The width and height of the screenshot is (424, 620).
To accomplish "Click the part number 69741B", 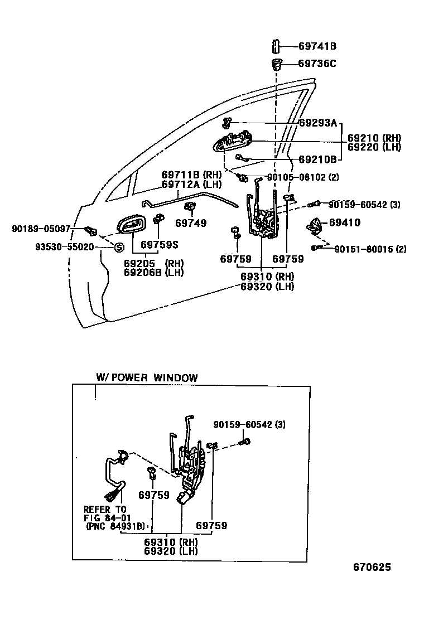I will (317, 47).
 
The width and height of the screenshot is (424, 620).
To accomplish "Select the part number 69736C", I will (317, 64).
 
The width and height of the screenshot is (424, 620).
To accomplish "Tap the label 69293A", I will (318, 123).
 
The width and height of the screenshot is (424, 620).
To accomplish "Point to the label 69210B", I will (317, 159).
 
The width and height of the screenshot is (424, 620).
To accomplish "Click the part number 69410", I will (344, 222).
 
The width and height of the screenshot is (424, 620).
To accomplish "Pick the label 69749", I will (190, 224).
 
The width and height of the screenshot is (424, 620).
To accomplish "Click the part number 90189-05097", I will (41, 229).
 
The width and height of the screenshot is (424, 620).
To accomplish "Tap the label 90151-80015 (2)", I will (370, 249).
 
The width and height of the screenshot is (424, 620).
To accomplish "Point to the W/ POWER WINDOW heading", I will (147, 377).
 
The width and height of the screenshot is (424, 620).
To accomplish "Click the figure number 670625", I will (372, 568).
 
